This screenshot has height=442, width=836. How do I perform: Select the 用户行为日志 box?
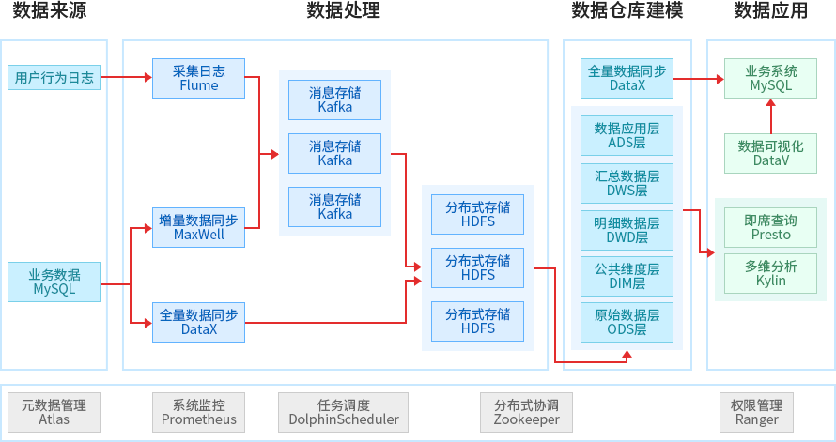(54, 78)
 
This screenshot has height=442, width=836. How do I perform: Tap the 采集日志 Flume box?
(198, 78)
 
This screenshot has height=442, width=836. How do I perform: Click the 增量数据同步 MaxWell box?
(198, 227)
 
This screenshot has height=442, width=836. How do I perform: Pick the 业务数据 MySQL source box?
(54, 282)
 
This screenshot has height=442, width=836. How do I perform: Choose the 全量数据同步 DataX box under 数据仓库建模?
(627, 78)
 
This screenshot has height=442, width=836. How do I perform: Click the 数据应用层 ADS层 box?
(627, 136)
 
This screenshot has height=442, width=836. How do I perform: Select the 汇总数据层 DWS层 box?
(627, 183)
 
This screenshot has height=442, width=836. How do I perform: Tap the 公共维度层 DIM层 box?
(627, 276)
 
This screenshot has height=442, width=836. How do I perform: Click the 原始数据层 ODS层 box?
(627, 322)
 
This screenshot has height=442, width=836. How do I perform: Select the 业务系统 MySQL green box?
(770, 78)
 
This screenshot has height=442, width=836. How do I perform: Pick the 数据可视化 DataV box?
(770, 153)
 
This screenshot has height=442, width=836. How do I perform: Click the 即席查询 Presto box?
(770, 227)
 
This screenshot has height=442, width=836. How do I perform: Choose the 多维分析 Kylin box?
(770, 273)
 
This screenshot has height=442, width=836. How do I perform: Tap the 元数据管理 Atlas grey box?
(54, 412)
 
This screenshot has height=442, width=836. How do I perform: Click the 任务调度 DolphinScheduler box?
(344, 412)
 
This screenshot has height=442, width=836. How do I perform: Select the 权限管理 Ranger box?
(756, 412)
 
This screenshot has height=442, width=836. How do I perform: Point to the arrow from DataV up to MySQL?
(770, 116)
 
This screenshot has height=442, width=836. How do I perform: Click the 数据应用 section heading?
(770, 11)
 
